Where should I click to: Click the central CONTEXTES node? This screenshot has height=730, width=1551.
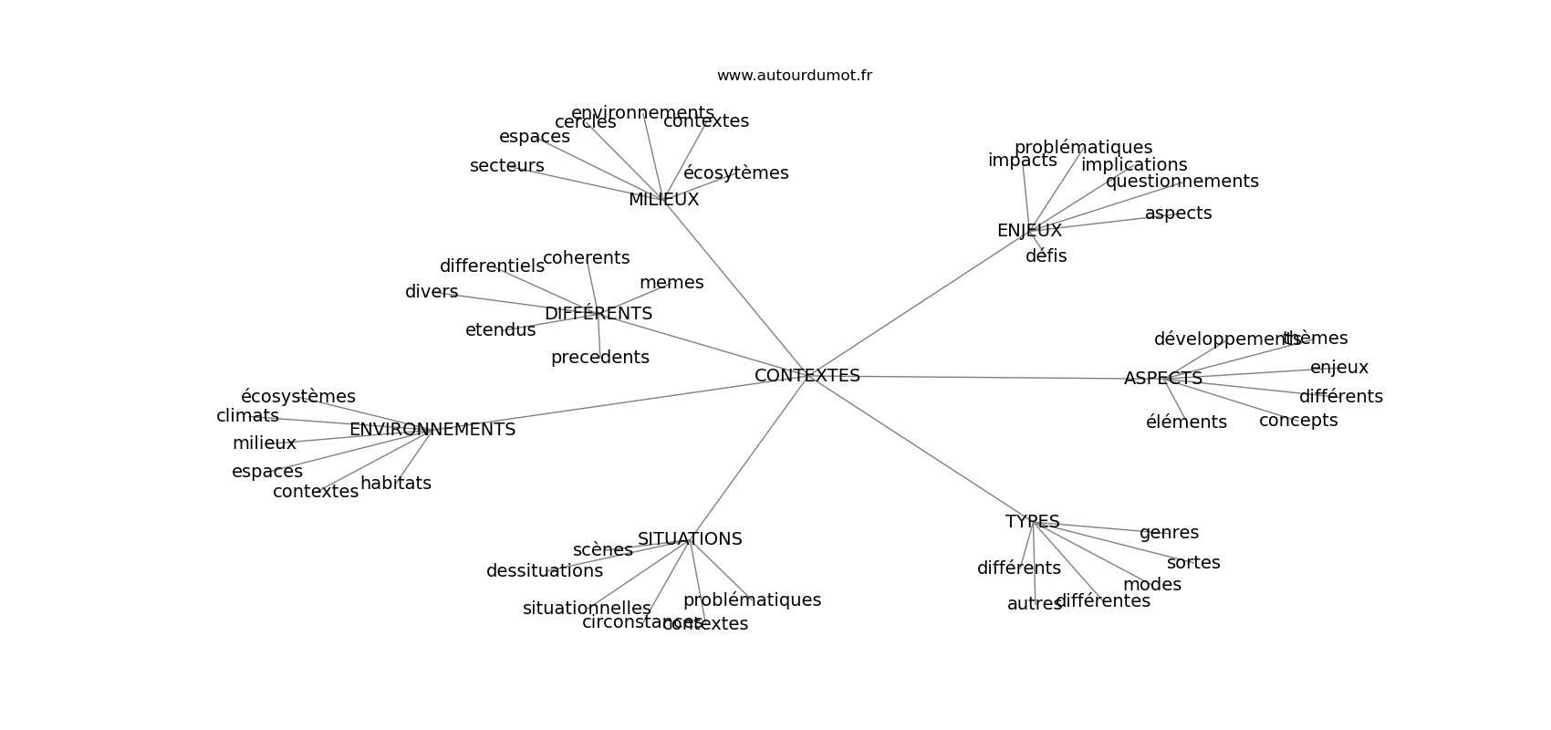(x=807, y=375)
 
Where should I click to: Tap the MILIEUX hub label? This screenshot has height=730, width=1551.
(x=663, y=199)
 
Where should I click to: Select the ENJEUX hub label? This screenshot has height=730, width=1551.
(x=1029, y=231)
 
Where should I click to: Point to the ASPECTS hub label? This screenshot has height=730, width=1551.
(x=1162, y=378)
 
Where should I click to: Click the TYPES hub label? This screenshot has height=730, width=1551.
(x=1032, y=521)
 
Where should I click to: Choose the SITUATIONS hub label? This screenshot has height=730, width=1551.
(x=690, y=538)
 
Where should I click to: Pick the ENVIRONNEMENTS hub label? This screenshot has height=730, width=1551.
(x=432, y=429)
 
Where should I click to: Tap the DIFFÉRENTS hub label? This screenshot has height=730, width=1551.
(x=598, y=313)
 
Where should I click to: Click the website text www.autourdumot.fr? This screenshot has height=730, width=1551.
(x=794, y=76)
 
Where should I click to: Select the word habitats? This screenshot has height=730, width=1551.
(x=395, y=483)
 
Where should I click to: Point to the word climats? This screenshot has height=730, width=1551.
(x=247, y=415)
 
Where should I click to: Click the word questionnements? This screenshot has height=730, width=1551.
(x=1181, y=181)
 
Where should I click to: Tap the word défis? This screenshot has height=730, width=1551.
(x=1046, y=255)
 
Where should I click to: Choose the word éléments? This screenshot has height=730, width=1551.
(x=1186, y=422)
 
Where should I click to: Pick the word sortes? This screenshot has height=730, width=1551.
(x=1192, y=562)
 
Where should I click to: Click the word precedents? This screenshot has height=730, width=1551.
(x=599, y=357)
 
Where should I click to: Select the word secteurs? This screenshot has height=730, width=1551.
(x=506, y=165)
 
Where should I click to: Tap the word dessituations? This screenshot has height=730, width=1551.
(x=544, y=570)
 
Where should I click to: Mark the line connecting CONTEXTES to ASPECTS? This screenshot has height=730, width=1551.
(x=985, y=377)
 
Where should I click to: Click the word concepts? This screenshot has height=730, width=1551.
(x=1297, y=420)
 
